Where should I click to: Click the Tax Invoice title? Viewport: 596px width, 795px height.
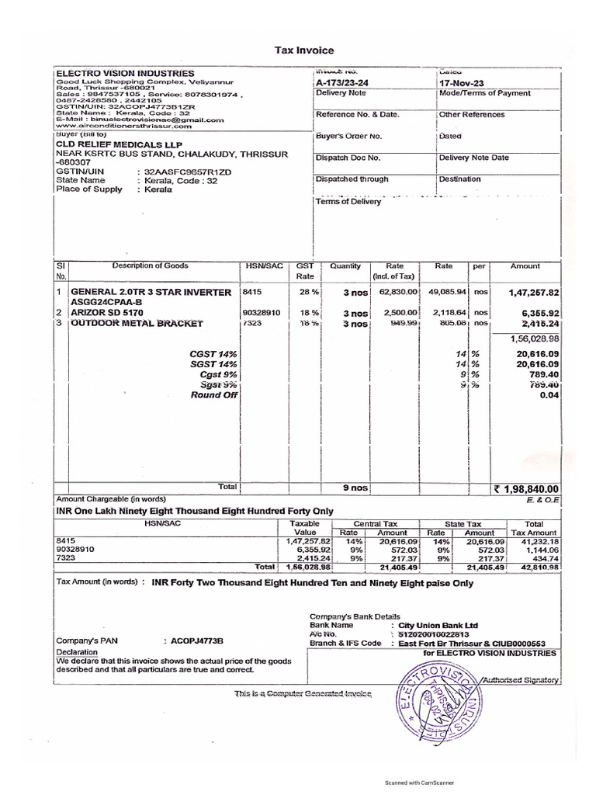point(298,49)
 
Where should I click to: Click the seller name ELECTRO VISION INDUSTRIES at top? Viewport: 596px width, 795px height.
point(124,73)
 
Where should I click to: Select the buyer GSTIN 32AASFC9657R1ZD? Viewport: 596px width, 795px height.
point(184,171)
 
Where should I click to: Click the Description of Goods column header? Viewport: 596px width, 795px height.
point(150,266)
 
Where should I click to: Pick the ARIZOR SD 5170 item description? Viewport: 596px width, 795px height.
point(113,312)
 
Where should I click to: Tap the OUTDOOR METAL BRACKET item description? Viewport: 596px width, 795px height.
point(137,323)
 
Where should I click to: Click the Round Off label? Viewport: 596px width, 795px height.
point(214,394)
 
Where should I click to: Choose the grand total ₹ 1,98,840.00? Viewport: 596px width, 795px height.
point(525,488)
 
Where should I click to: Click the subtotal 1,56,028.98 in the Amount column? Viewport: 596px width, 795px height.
point(533,338)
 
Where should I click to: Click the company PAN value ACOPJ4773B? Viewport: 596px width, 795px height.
point(193,641)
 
